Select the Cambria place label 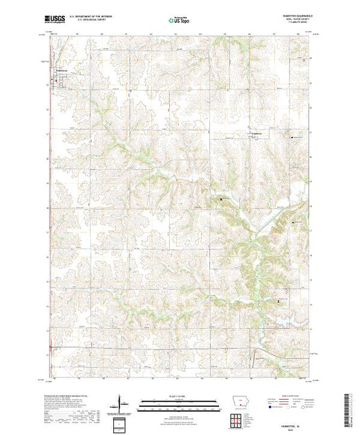(256, 132)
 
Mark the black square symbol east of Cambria (292, 137)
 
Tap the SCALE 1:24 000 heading (178, 396)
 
